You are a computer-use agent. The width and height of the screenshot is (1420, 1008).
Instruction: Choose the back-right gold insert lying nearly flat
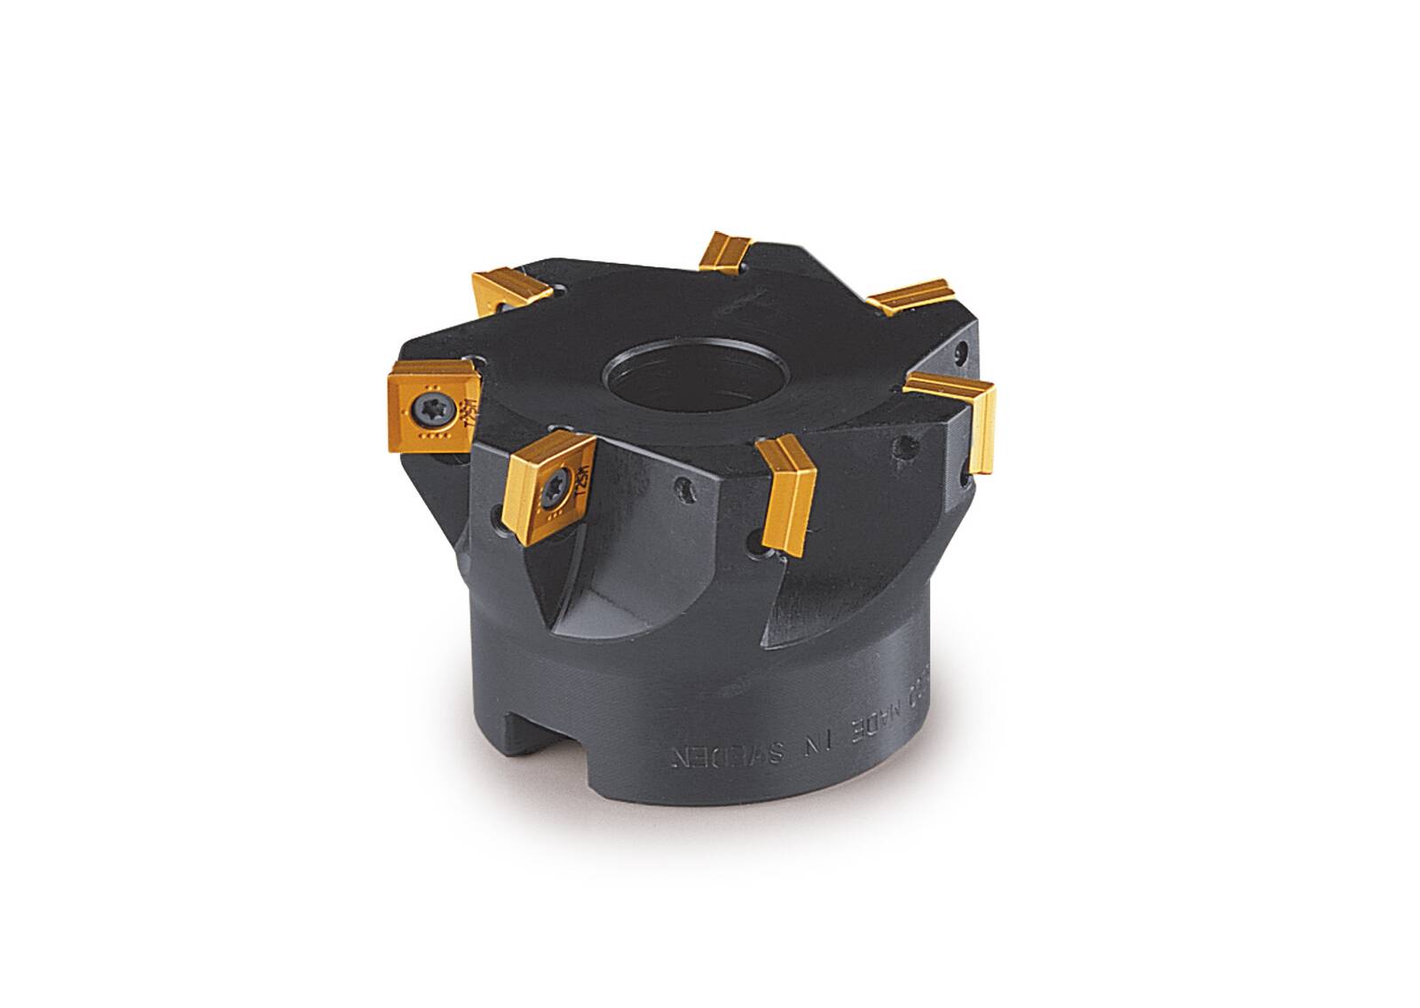(x=910, y=297)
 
